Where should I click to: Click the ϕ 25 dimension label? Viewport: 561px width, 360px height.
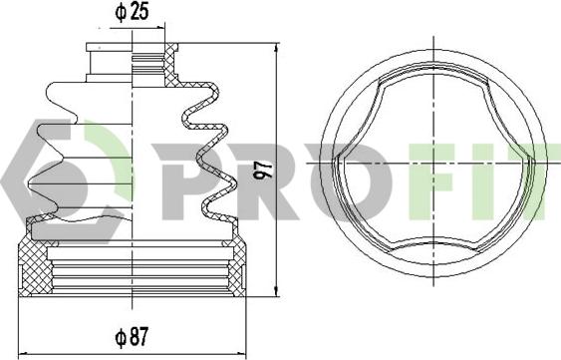132,13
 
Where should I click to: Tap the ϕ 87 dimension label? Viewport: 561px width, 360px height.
132,337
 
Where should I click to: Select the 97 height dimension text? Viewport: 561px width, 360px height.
264,171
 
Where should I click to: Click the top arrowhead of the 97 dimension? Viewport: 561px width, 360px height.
276,48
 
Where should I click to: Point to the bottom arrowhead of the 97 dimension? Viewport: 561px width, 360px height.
276,291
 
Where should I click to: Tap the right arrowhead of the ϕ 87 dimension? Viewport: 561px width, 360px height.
241,353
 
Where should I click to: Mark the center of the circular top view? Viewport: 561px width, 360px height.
433,163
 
